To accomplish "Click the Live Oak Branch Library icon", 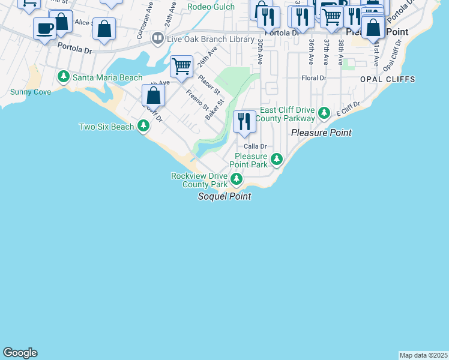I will click(x=157, y=38).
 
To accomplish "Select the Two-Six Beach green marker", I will click(x=143, y=126).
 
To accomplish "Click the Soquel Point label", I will click(x=224, y=197).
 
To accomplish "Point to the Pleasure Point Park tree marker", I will click(x=276, y=159).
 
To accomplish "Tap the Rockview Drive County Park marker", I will click(x=237, y=179).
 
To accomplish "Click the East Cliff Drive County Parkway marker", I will click(x=324, y=113).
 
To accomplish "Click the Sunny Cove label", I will click(x=31, y=92).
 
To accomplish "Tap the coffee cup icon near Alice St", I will click(x=44, y=28).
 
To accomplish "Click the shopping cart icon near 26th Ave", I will click(x=181, y=66).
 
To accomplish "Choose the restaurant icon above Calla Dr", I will click(x=244, y=122).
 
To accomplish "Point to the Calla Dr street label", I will click(x=255, y=146).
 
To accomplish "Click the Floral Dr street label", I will click(x=313, y=78).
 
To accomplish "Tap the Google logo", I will click(x=20, y=353).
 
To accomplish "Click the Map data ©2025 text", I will click(x=423, y=355).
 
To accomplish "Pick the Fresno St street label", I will click(x=197, y=100).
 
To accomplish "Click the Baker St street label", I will click(x=214, y=110).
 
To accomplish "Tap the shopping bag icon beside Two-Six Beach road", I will click(x=154, y=95).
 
